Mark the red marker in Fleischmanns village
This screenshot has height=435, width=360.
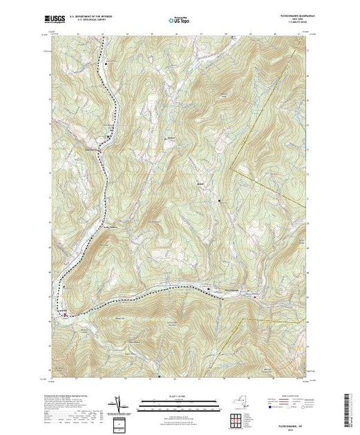[x=256, y=298]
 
